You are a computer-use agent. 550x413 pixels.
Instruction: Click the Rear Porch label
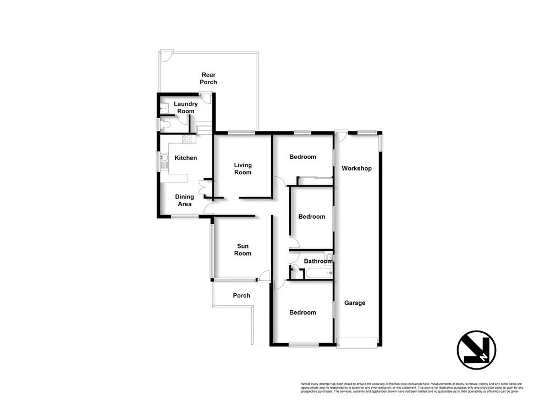pyautogui.click(x=208, y=79)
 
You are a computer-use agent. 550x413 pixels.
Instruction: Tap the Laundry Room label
pyautogui.click(x=185, y=108)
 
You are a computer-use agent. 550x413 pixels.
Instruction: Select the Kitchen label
pyautogui.click(x=185, y=158)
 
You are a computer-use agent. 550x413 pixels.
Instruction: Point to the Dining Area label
pyautogui.click(x=184, y=201)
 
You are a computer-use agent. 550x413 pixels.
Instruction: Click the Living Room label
pyautogui.click(x=243, y=169)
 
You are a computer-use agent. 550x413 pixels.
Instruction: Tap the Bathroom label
pyautogui.click(x=318, y=261)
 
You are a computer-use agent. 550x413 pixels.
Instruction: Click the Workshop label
pyautogui.click(x=356, y=168)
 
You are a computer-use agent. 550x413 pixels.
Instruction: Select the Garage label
pyautogui.click(x=355, y=303)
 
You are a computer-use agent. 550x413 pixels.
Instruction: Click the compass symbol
pyautogui.click(x=476, y=350)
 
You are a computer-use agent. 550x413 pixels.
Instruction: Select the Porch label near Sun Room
pyautogui.click(x=241, y=296)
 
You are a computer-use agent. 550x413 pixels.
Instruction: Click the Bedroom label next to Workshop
pyautogui.click(x=303, y=157)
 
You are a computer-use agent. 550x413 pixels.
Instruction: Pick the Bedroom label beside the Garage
pyautogui.click(x=303, y=312)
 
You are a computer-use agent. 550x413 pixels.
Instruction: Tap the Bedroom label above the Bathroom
pyautogui.click(x=312, y=217)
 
